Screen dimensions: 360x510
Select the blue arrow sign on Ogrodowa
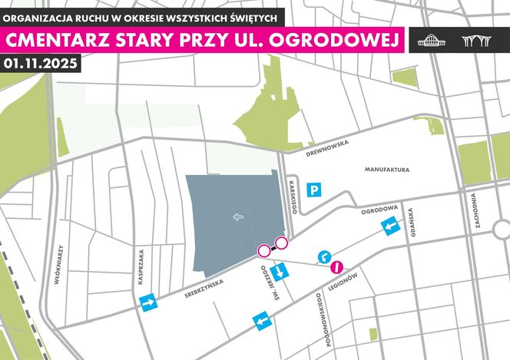[391, 225]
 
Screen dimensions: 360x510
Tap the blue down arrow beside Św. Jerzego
[281, 270]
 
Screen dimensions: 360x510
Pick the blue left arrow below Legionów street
[263, 320]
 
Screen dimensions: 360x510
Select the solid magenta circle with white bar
[336, 267]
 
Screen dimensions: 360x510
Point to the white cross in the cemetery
[238, 217]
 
